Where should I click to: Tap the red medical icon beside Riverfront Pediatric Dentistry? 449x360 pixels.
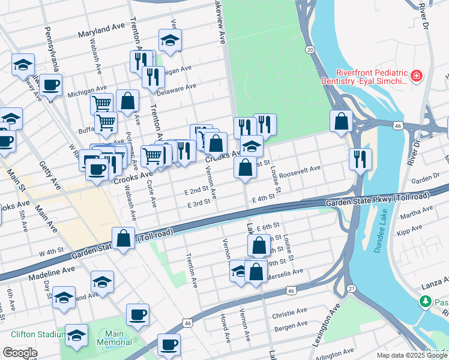(x=415, y=76)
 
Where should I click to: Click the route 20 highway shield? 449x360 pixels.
(x=309, y=50)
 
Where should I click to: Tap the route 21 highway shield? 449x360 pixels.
(x=351, y=290)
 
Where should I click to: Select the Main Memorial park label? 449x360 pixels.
(x=113, y=338)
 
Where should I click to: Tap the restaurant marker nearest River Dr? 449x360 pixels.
(x=360, y=159)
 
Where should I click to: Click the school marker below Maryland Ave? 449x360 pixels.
(x=170, y=40)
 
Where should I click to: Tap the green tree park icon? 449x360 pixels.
(x=426, y=301)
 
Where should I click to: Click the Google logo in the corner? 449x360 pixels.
(x=20, y=353)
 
